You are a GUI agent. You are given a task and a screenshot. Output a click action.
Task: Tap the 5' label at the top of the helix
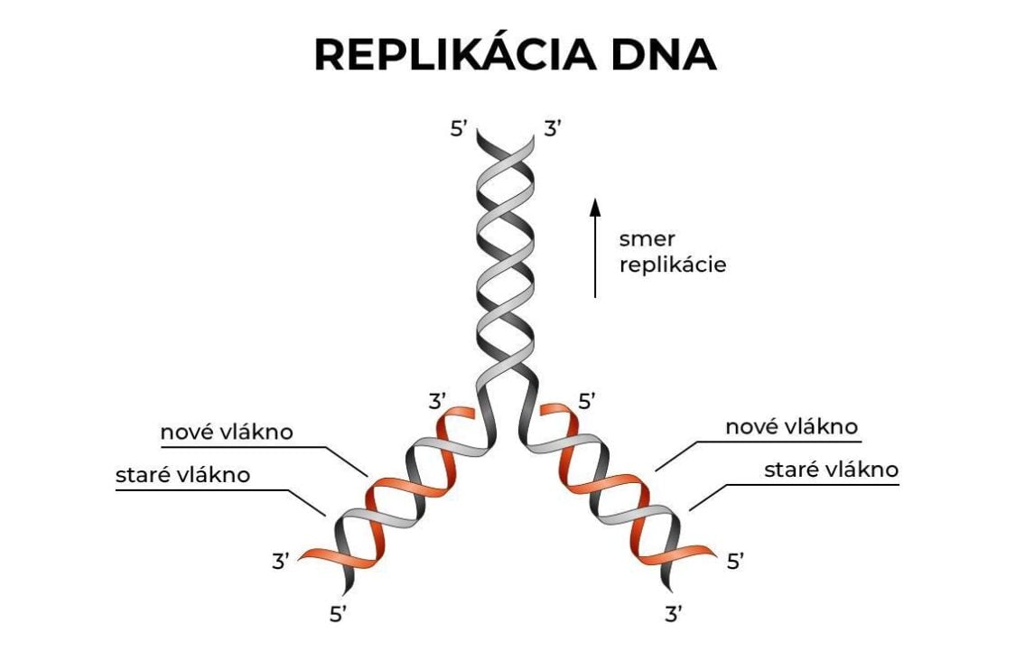[459, 129]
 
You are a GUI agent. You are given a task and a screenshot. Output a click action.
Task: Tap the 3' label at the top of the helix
[553, 129]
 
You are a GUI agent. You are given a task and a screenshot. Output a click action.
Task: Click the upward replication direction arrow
[595, 248]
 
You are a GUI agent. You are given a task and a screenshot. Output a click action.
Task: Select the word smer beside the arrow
[647, 239]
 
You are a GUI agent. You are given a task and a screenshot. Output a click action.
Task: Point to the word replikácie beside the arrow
[673, 266]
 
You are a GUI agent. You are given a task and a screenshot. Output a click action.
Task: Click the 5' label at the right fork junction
[588, 401]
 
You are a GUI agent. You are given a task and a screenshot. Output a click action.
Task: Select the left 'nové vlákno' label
[227, 432]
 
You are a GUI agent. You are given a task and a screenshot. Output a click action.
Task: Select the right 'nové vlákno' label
[791, 427]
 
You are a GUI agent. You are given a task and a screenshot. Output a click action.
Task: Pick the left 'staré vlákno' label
[182, 475]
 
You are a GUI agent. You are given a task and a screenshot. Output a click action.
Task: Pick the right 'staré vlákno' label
[832, 470]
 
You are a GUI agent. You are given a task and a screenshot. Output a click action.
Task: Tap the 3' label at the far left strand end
[281, 561]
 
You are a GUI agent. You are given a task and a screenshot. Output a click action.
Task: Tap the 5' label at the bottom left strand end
[338, 615]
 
